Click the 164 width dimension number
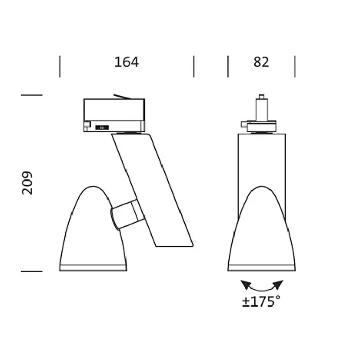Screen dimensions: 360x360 point(127,62)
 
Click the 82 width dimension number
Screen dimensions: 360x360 point(261,62)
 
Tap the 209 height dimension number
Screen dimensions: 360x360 point(27,183)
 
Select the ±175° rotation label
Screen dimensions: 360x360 point(262,301)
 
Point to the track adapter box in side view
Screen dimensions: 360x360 point(114,115)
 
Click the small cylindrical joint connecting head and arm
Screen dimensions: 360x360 point(126,214)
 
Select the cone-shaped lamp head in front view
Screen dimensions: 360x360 point(262,231)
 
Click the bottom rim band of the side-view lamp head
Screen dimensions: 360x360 point(93,267)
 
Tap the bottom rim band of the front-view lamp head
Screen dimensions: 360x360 point(262,267)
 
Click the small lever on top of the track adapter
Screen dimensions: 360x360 point(122,96)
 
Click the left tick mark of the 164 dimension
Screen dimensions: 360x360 point(60,66)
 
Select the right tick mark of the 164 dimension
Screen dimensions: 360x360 point(194,66)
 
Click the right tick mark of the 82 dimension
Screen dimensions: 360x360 point(295,66)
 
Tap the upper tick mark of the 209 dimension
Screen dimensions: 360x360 point(31,95)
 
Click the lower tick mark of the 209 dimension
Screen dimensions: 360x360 point(31,271)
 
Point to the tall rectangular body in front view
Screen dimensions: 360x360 point(262,159)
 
